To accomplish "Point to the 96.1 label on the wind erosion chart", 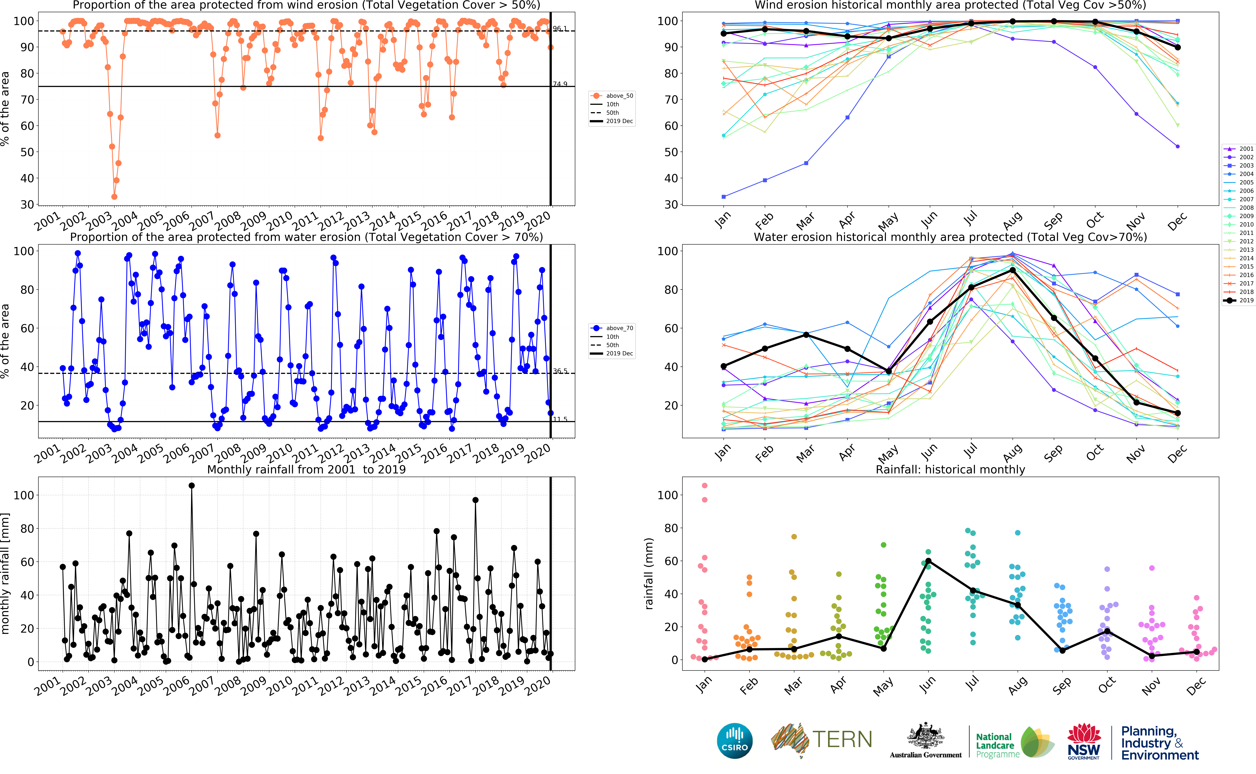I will pyautogui.click(x=560, y=29).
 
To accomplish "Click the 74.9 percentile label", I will pyautogui.click(x=560, y=84).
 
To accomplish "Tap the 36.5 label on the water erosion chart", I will pyautogui.click(x=560, y=371).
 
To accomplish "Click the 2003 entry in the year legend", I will pyautogui.click(x=1246, y=165).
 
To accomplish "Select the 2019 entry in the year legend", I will pyautogui.click(x=1246, y=300).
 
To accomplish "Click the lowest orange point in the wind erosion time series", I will pyautogui.click(x=114, y=197).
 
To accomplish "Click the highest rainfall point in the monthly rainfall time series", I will pyautogui.click(x=191, y=486).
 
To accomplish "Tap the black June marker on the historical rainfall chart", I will pyautogui.click(x=928, y=561).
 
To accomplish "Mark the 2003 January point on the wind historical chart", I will pyautogui.click(x=723, y=197).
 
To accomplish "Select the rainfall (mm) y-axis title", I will pyautogui.click(x=649, y=573).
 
